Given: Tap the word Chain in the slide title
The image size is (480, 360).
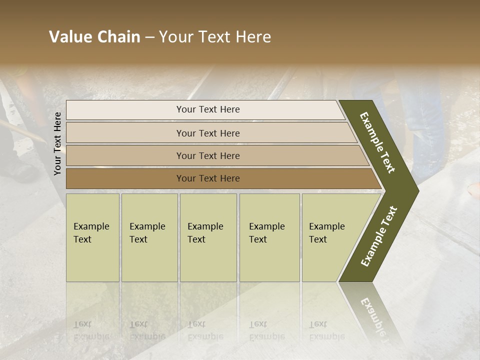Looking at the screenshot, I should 119,37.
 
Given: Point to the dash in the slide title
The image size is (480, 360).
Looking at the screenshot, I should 149,37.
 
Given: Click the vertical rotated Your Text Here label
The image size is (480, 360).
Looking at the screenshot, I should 57,143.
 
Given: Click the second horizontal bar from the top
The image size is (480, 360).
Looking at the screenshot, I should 207,133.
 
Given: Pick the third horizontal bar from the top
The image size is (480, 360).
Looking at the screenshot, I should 207,155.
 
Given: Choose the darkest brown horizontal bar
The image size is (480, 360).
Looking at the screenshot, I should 207,178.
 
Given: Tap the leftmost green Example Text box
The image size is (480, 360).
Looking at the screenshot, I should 92,237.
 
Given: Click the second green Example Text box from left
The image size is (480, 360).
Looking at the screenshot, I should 149,237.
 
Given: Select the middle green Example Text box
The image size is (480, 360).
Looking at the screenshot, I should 208,237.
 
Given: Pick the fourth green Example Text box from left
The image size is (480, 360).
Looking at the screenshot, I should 269,237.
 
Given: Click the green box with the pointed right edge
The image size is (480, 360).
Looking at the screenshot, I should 330,237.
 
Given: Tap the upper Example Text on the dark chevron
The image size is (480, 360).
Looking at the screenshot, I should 377,142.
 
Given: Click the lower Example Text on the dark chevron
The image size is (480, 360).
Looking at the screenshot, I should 379,236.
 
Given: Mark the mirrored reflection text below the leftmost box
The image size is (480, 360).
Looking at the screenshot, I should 91,330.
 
